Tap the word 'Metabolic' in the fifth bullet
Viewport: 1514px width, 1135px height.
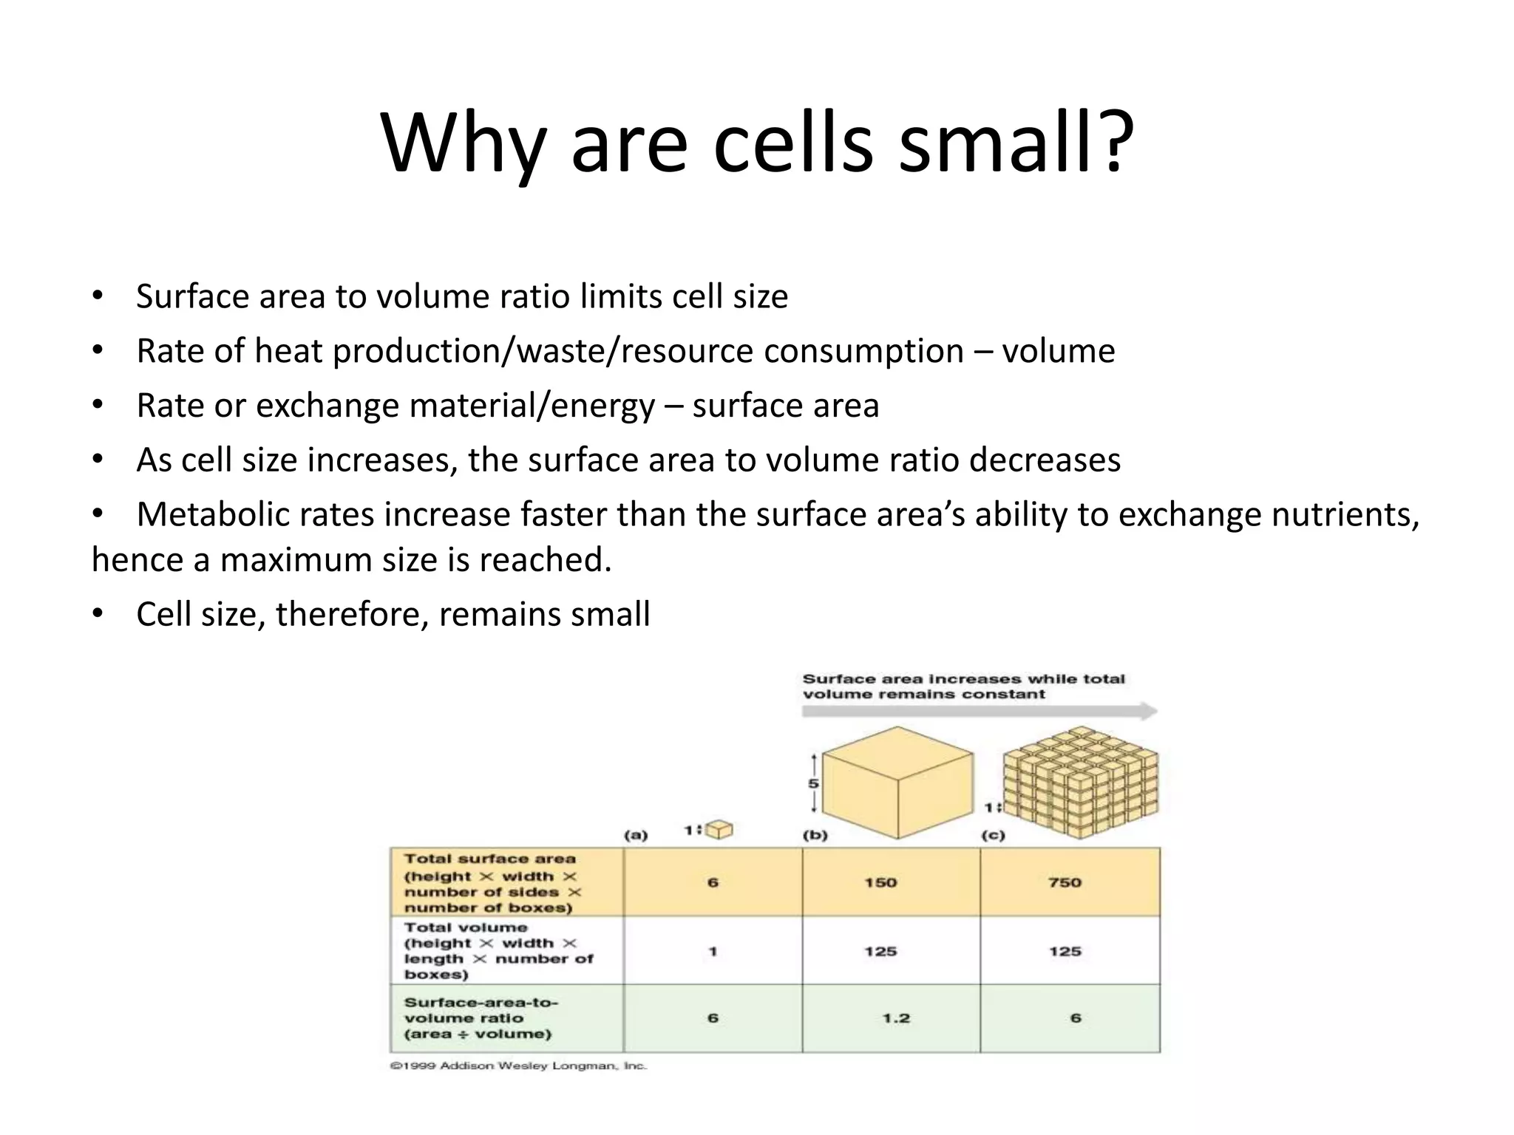(x=255, y=514)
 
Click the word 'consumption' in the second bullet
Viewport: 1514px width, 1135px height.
(x=863, y=351)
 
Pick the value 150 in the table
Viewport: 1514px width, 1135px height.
(x=880, y=882)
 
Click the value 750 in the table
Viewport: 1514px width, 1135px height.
(x=1065, y=882)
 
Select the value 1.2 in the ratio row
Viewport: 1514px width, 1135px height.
(x=896, y=1018)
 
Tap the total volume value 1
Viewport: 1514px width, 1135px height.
(x=713, y=952)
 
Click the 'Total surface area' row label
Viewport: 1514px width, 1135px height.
(x=489, y=859)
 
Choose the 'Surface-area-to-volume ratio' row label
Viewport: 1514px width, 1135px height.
(x=481, y=1018)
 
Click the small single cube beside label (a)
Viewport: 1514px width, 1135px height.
(x=719, y=831)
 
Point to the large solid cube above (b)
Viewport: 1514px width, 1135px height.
(x=897, y=782)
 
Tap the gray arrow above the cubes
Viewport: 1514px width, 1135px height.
(x=979, y=712)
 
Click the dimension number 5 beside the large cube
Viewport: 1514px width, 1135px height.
(x=813, y=783)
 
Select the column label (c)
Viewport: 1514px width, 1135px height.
(x=993, y=836)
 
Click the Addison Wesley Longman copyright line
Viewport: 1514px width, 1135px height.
(x=518, y=1066)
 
